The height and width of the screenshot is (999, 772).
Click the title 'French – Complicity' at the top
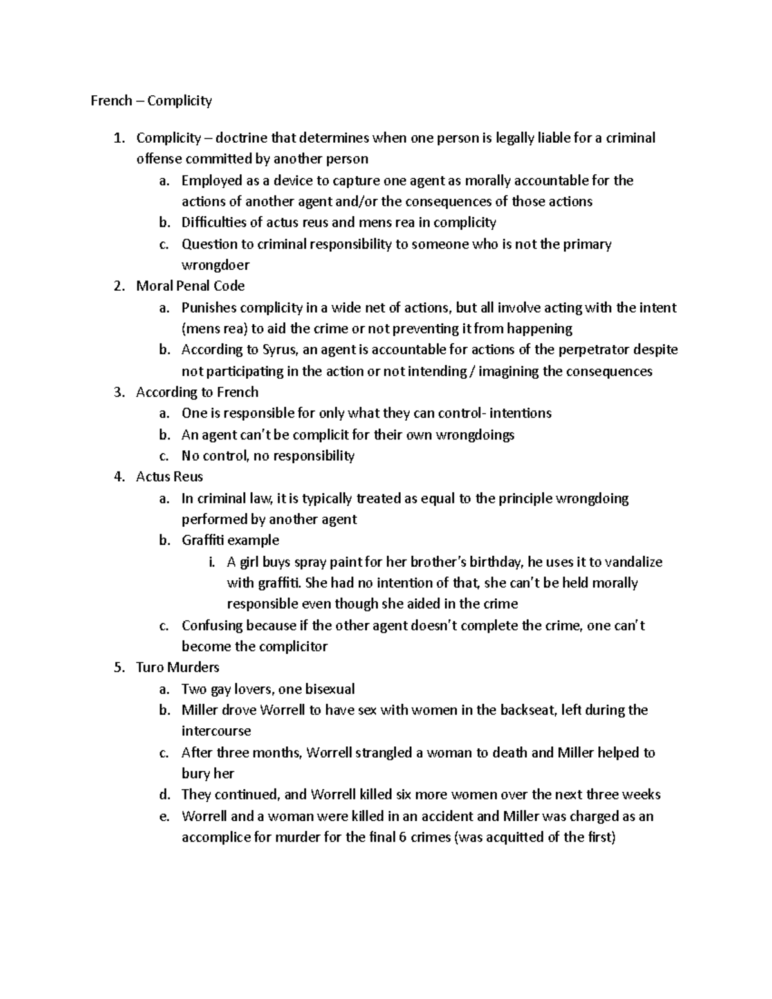(151, 100)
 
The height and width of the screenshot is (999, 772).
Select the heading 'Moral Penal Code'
(190, 286)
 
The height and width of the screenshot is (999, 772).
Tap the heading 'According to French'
(197, 392)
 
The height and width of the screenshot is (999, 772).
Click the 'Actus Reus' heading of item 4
(169, 477)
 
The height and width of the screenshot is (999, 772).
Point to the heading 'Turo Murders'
(178, 667)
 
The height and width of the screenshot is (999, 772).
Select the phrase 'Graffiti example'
(230, 540)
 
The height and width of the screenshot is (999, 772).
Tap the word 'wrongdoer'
(216, 264)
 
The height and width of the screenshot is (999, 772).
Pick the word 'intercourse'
(216, 731)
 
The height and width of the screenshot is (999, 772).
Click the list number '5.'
(119, 667)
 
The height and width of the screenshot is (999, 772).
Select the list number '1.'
(119, 138)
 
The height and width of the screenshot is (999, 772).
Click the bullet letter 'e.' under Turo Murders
(165, 816)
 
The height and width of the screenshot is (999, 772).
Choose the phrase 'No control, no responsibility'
(268, 455)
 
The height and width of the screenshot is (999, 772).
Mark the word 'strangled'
(383, 752)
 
